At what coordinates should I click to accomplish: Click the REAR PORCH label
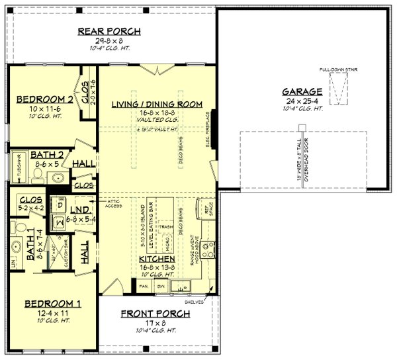(x=109, y=31)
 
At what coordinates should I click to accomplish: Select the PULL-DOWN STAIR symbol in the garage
(x=339, y=89)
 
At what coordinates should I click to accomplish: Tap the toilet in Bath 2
(x=37, y=175)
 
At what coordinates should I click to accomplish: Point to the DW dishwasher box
(x=159, y=286)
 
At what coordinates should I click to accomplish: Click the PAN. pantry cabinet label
(x=143, y=286)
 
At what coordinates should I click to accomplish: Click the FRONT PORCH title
(x=156, y=313)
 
